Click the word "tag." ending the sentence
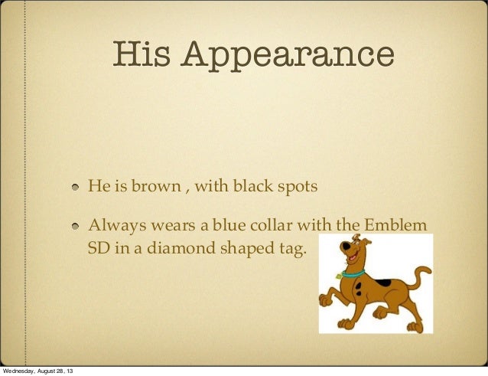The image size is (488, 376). click(289, 249)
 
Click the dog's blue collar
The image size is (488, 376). click(354, 273)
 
